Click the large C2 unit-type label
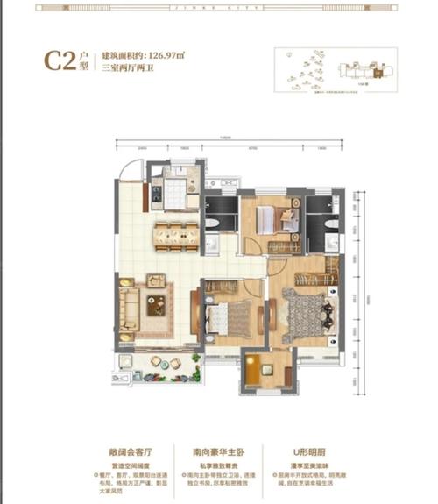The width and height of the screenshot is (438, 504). point(60,62)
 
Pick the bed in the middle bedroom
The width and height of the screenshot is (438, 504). point(230,314)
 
